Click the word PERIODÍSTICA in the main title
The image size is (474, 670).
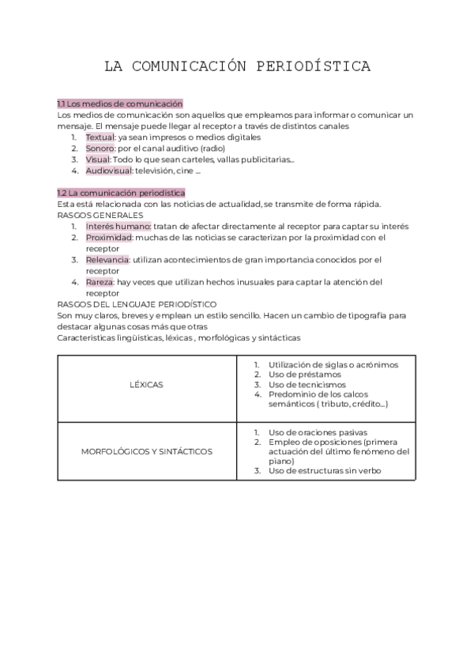point(314,66)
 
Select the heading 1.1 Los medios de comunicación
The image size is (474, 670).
point(120,104)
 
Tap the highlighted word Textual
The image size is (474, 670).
point(100,137)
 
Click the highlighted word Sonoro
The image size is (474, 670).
point(100,148)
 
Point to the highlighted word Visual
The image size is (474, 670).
point(98,159)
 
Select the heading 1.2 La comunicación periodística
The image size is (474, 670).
point(122,193)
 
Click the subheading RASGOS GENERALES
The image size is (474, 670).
point(89,215)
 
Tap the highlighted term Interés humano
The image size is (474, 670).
point(118,226)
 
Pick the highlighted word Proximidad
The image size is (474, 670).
point(109,237)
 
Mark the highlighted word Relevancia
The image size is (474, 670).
point(107,259)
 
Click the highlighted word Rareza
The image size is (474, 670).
point(100,281)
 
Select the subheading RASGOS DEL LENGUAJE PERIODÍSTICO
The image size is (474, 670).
point(137,303)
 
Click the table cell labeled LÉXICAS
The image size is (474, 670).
point(146,385)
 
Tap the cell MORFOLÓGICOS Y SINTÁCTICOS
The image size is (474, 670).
point(147,452)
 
